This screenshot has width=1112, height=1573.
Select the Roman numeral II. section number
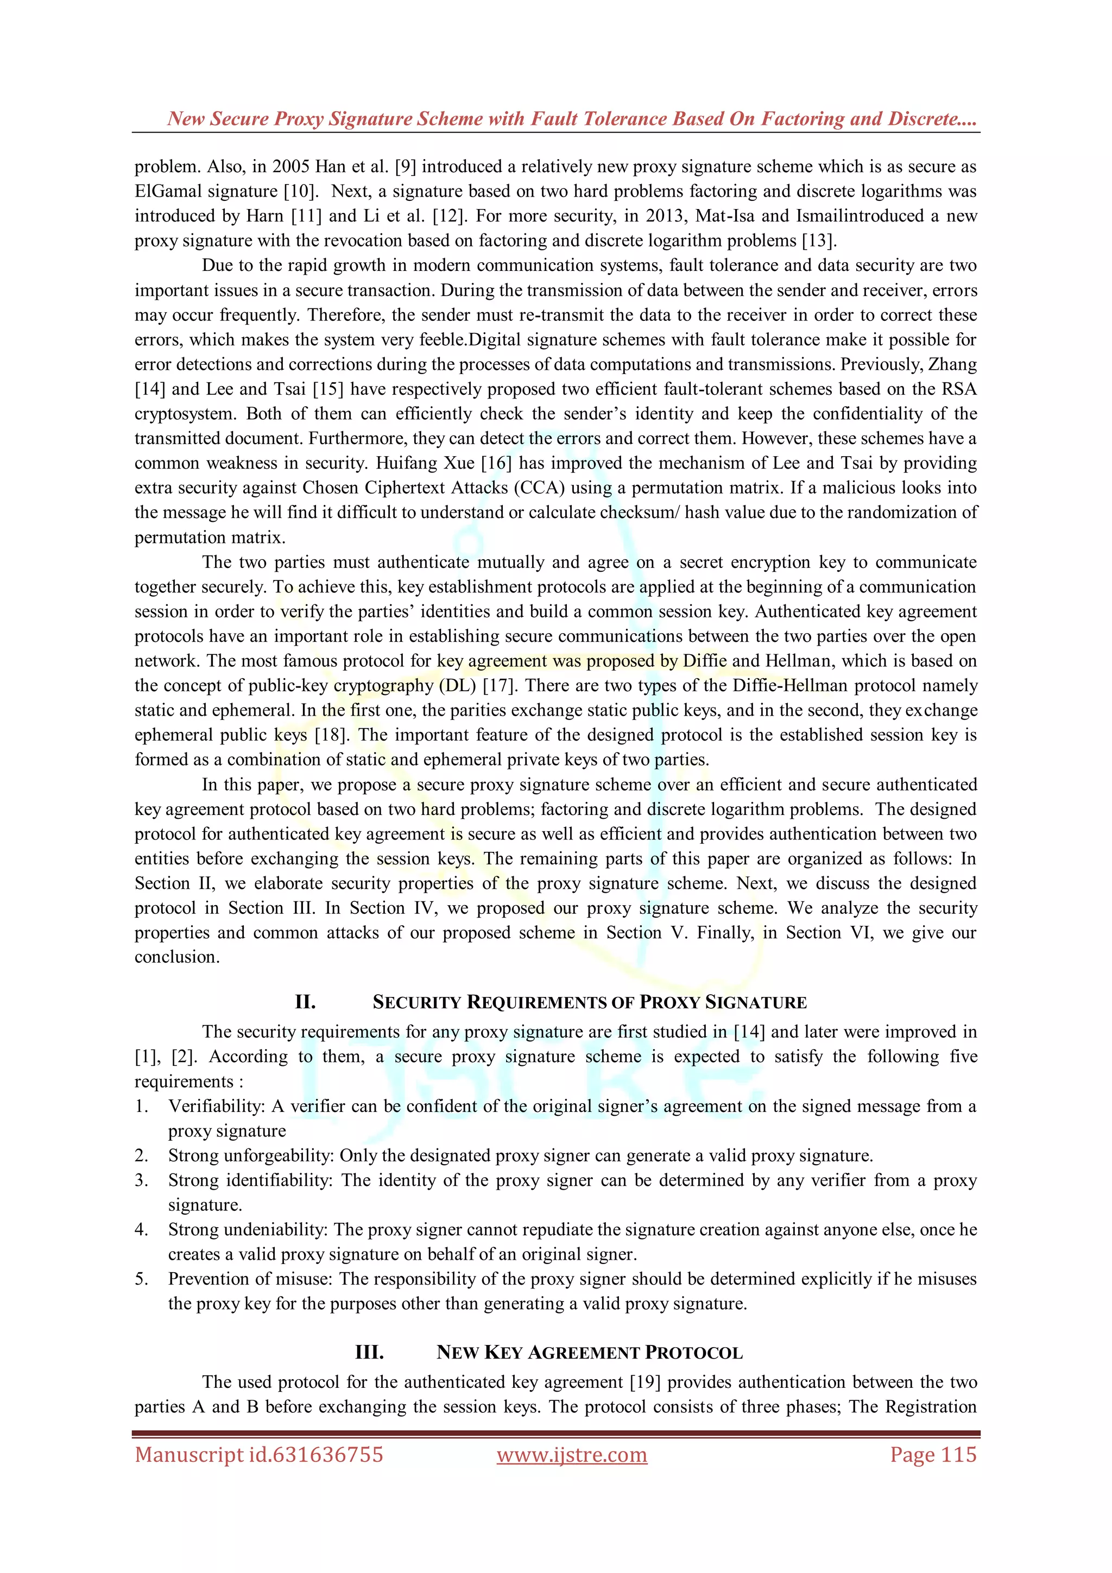[305, 1002]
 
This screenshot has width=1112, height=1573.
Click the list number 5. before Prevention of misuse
[141, 1278]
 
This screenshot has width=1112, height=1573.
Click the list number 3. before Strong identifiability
[141, 1180]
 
